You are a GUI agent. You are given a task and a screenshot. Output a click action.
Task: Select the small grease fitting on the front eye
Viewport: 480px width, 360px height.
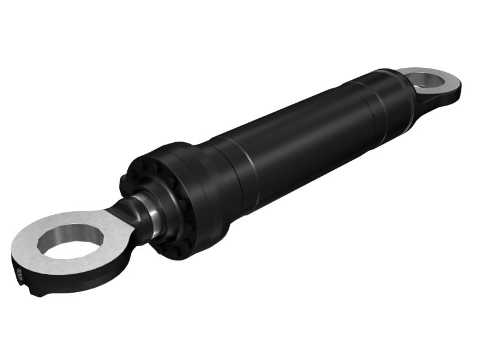[19, 275]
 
